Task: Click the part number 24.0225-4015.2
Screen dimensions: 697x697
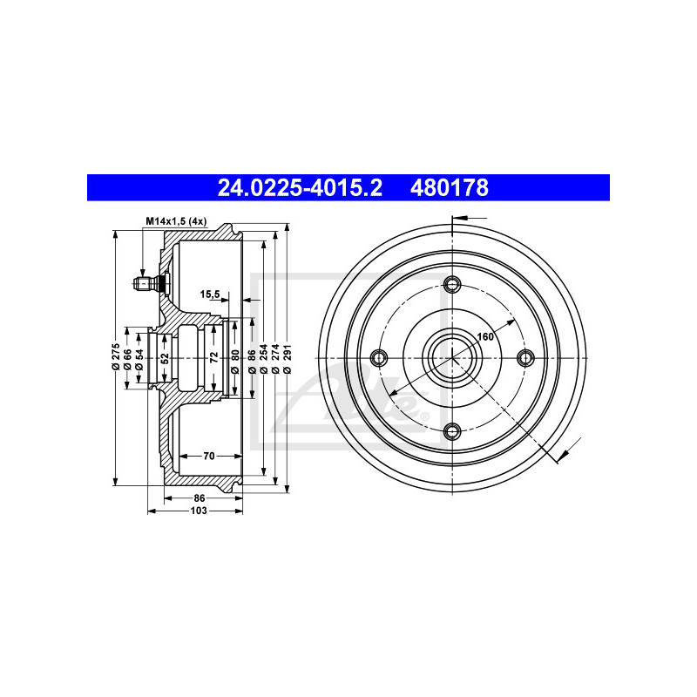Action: pyautogui.click(x=300, y=187)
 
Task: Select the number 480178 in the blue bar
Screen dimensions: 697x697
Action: pyautogui.click(x=450, y=187)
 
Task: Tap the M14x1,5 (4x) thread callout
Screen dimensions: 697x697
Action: pyautogui.click(x=177, y=221)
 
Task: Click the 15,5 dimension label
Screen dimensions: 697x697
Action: pyautogui.click(x=210, y=294)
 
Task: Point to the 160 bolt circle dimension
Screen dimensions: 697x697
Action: pyautogui.click(x=485, y=336)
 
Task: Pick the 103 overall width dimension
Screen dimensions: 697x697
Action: pyautogui.click(x=199, y=511)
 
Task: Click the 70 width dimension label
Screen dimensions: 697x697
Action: pyautogui.click(x=209, y=456)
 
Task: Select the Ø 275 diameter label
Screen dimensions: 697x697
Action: pyautogui.click(x=116, y=356)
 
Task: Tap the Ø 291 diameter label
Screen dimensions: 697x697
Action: pyautogui.click(x=287, y=358)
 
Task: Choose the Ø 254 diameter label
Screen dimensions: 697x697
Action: pyautogui.click(x=263, y=358)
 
